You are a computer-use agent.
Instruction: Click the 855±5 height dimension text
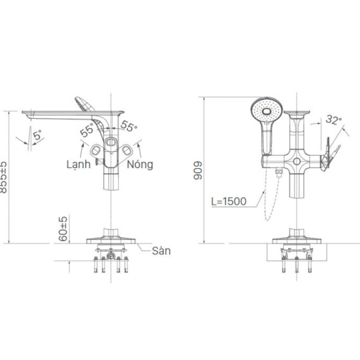(4, 177)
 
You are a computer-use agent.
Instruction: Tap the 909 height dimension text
(198, 171)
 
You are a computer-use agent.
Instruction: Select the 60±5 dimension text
(63, 229)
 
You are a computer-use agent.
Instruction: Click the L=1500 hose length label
(229, 201)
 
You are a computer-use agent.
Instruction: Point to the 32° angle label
(333, 119)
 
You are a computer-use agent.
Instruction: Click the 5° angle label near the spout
(39, 135)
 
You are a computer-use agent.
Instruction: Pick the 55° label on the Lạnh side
(87, 130)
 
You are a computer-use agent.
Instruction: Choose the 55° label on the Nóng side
(129, 126)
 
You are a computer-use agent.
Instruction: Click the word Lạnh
(79, 165)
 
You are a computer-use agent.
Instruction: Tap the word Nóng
(140, 165)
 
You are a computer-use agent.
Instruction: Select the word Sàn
(161, 251)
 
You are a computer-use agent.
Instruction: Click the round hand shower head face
(267, 111)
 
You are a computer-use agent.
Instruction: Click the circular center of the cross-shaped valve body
(297, 161)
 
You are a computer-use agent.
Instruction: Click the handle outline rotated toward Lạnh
(97, 151)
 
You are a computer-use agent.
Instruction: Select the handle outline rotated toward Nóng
(125, 151)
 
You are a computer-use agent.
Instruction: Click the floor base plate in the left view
(111, 241)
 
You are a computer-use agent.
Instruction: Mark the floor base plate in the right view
(297, 241)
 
